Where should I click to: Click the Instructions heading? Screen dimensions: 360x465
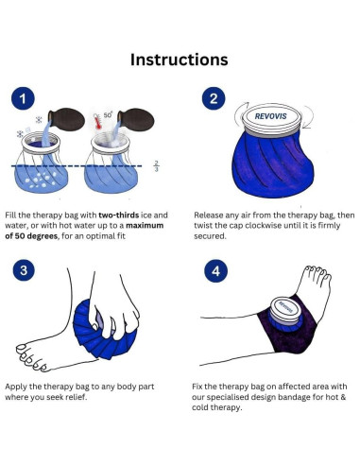[180, 60]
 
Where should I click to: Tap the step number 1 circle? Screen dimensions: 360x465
[23, 98]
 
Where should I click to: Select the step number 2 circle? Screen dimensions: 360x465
[214, 98]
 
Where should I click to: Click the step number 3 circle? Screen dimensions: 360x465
[24, 270]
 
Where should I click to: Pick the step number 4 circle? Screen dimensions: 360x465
[216, 271]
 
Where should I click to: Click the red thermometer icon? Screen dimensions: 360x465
[98, 122]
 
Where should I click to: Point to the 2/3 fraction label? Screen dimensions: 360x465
[157, 166]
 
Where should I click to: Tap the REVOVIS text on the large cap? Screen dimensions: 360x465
[270, 116]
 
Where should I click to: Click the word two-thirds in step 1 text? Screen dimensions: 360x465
[119, 215]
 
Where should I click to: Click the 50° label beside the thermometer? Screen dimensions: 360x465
[108, 114]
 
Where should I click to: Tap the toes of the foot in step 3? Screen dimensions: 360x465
[31, 358]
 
